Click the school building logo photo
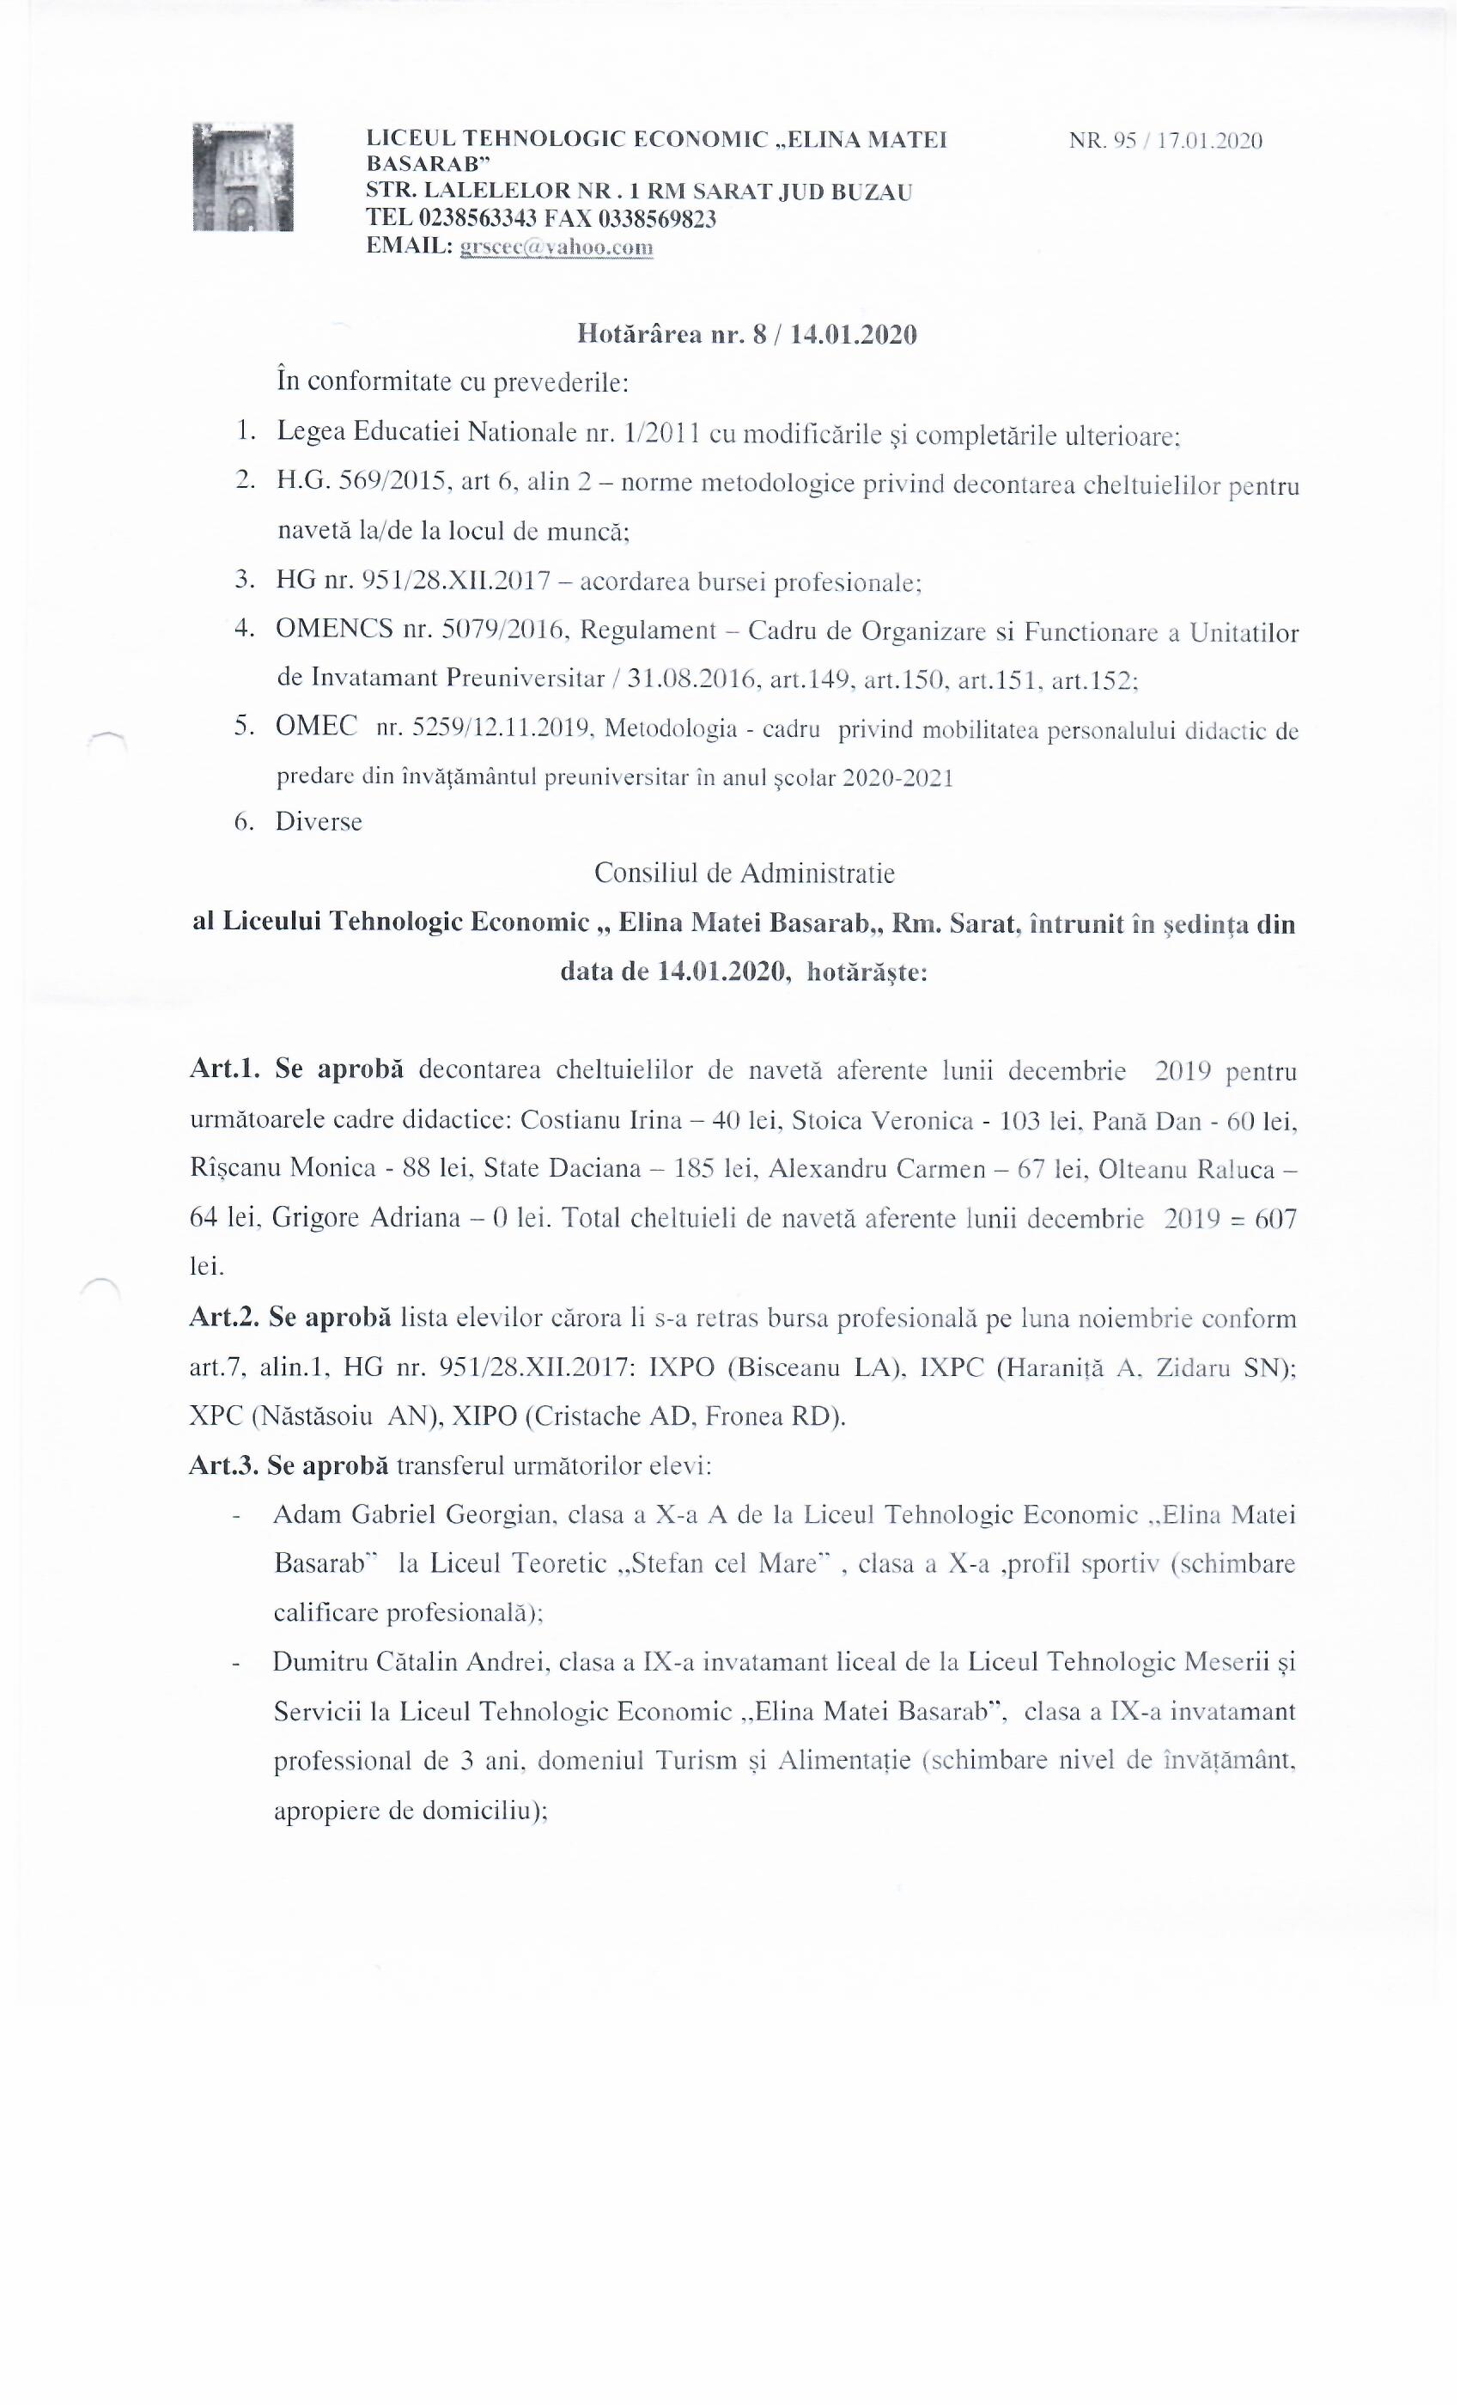pos(243,177)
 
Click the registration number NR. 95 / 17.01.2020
pos(1165,141)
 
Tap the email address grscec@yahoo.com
pos(557,247)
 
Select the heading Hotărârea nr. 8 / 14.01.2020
pos(746,335)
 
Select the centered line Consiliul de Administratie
pos(744,873)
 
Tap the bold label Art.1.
pos(224,1071)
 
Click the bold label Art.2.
pos(224,1318)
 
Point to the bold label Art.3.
pos(224,1466)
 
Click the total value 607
pos(1274,1218)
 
